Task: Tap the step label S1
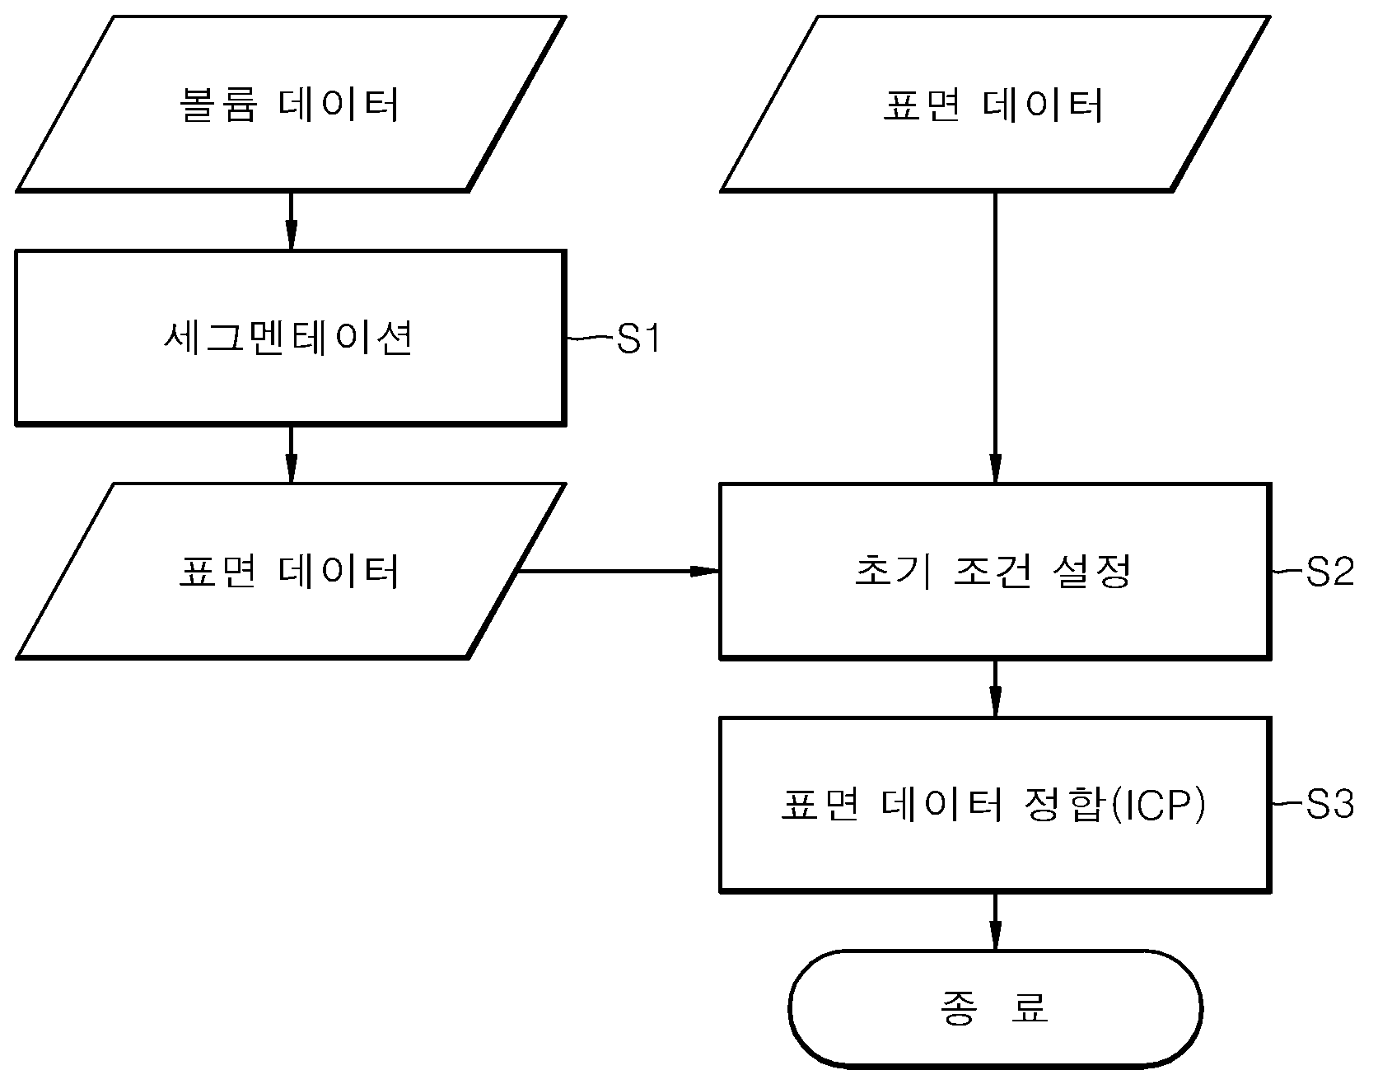639,339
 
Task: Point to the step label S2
1329,572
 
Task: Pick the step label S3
1329,805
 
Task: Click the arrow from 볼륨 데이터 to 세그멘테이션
290,221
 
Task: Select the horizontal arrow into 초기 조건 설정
619,570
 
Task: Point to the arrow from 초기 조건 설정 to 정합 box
995,688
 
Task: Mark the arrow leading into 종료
995,921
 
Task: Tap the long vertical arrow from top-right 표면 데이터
995,338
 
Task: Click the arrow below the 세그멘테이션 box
290,454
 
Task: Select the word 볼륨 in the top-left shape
217,105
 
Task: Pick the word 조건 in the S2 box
993,572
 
